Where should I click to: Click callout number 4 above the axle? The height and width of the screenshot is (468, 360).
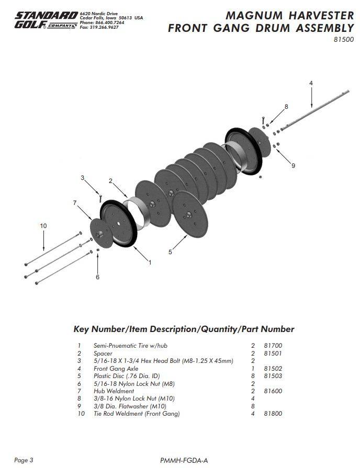(311, 83)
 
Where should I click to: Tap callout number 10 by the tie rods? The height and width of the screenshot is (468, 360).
(43, 225)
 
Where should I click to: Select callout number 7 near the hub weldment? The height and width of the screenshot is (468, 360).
(75, 202)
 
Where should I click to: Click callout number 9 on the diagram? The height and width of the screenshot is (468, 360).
(293, 166)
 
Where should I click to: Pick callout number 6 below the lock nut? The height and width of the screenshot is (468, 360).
(97, 277)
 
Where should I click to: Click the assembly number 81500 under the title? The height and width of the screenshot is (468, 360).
(344, 39)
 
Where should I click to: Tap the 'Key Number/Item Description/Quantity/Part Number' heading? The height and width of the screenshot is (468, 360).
(184, 329)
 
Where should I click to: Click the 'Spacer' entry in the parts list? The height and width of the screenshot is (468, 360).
(103, 353)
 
